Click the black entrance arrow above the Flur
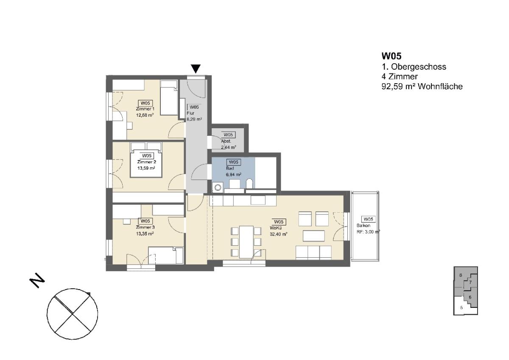coord(196,69)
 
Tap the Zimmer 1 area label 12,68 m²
coord(145,115)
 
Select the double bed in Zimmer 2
coord(146,160)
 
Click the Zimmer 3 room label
coord(145,227)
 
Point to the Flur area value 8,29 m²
coord(194,119)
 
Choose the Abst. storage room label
coord(226,141)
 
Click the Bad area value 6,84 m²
coord(233,174)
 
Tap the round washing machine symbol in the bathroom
coord(218,188)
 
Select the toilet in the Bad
coord(249,184)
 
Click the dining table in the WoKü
coord(246,242)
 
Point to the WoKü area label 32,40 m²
coord(279,234)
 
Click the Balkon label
coord(364,225)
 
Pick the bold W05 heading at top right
coord(392,56)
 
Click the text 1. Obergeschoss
coord(414,67)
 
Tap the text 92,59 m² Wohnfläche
coord(422,87)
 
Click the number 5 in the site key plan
coord(461,308)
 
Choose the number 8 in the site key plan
coord(461,276)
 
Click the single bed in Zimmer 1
coord(169,97)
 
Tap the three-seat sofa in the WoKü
coord(313,253)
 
